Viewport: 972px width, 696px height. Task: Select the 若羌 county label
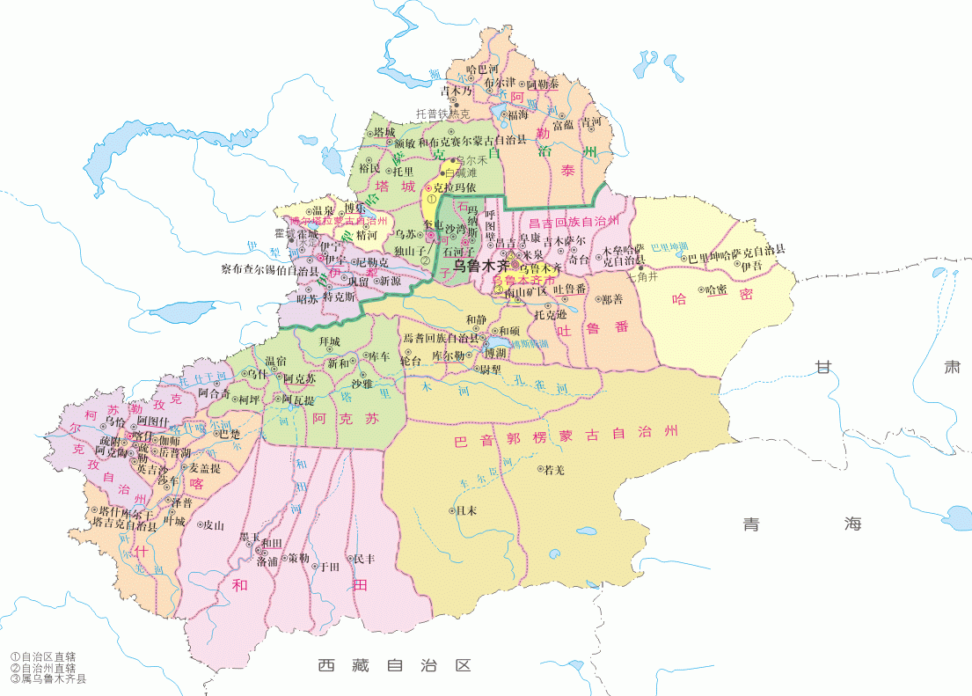click(554, 470)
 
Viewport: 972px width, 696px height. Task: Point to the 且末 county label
click(466, 510)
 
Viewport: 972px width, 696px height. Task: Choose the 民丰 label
click(363, 559)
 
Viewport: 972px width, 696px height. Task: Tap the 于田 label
click(328, 567)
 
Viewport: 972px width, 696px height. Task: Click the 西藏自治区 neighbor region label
click(395, 666)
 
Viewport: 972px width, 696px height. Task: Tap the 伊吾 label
click(751, 266)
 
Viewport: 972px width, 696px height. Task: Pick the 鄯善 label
click(613, 299)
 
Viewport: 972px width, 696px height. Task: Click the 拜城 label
click(330, 341)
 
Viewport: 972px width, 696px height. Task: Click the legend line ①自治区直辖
click(43, 656)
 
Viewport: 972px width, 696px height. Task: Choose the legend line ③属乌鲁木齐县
click(48, 678)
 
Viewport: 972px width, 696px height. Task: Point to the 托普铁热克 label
click(443, 114)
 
